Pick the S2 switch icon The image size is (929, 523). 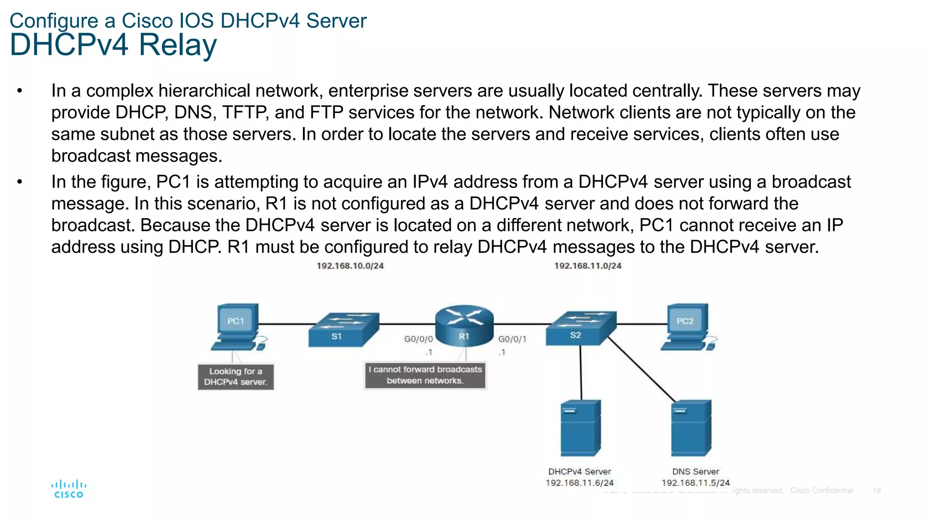click(x=581, y=328)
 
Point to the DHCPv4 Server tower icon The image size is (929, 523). click(x=580, y=428)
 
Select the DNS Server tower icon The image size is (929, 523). click(x=691, y=428)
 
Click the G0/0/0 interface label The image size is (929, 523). click(x=418, y=339)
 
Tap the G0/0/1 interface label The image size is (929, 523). click(x=512, y=339)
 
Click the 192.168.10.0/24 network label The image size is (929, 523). click(x=350, y=266)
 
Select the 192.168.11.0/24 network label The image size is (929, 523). click(x=587, y=266)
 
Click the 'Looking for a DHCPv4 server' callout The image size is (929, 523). click(x=235, y=377)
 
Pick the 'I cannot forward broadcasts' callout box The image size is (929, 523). click(x=425, y=375)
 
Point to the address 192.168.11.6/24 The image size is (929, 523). click(x=579, y=483)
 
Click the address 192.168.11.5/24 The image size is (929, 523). click(x=695, y=483)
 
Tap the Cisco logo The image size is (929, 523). click(x=68, y=489)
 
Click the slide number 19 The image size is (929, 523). click(x=876, y=491)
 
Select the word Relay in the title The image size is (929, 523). click(x=177, y=45)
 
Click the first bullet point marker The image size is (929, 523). click(x=20, y=91)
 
